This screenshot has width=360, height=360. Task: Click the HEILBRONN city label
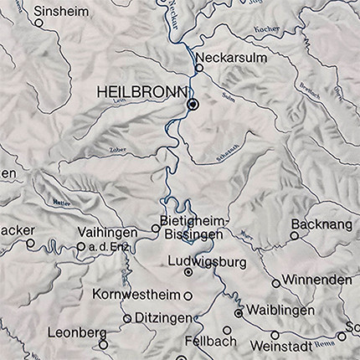(140, 89)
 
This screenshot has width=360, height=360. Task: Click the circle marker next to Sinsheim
(39, 23)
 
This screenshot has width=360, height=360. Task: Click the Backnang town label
(317, 224)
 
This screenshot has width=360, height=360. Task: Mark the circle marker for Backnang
(294, 236)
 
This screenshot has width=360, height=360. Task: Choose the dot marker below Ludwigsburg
(188, 272)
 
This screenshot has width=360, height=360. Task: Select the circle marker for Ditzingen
(127, 318)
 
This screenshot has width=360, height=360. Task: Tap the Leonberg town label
(72, 331)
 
